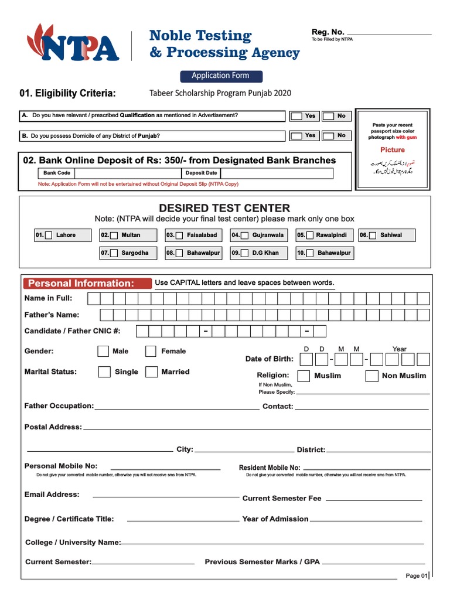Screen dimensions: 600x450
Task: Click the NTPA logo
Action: (x=73, y=44)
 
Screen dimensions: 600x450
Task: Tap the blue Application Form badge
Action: (x=220, y=76)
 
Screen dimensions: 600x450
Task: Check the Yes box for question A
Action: (x=297, y=116)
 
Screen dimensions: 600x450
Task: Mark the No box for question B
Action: (x=329, y=136)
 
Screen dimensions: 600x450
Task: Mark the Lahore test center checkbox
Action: (x=49, y=236)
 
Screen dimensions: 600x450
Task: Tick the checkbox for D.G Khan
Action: (x=245, y=254)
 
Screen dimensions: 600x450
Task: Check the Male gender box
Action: (x=103, y=352)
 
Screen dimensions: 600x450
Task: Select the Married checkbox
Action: (x=151, y=372)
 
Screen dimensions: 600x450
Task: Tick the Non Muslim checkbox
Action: (x=371, y=376)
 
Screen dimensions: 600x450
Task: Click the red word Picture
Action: (x=392, y=150)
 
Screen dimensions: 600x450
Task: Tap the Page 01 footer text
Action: (x=416, y=576)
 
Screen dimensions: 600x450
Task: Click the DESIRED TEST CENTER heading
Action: (x=224, y=208)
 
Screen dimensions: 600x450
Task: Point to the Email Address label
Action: (x=52, y=495)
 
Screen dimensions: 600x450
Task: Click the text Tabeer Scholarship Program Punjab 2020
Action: (x=220, y=93)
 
